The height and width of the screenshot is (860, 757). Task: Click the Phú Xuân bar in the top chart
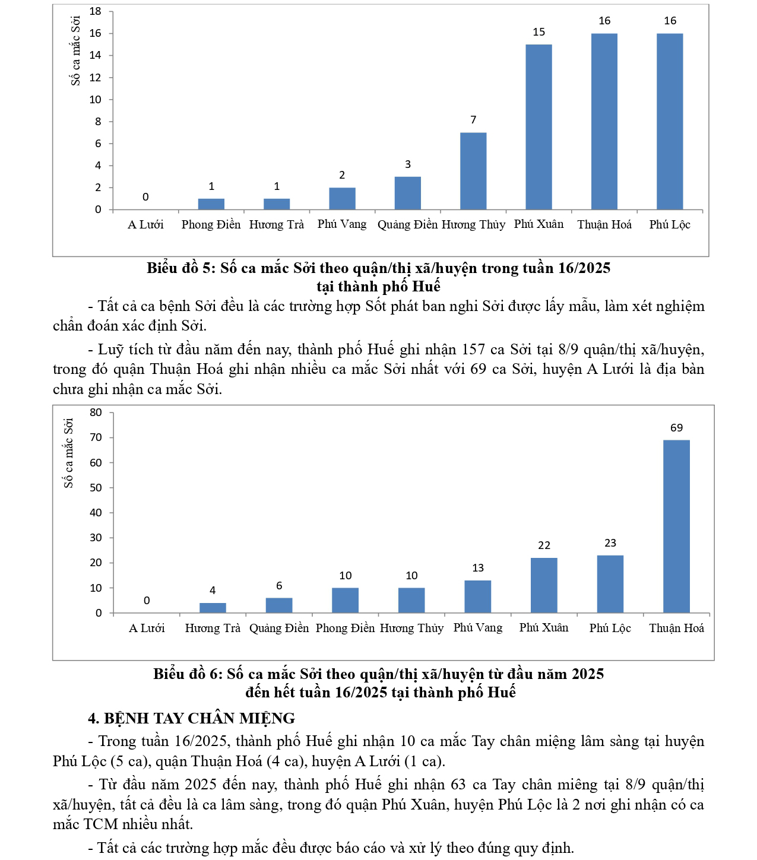pyautogui.click(x=539, y=127)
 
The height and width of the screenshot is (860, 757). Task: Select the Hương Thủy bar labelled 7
pyautogui.click(x=473, y=171)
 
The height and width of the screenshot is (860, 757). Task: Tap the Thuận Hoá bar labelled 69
pyautogui.click(x=676, y=526)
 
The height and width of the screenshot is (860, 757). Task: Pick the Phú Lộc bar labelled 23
pyautogui.click(x=610, y=583)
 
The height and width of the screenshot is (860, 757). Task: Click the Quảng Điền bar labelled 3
pyautogui.click(x=408, y=193)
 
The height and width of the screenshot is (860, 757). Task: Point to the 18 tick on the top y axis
pyautogui.click(x=95, y=11)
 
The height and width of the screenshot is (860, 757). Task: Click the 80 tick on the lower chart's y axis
pyautogui.click(x=96, y=412)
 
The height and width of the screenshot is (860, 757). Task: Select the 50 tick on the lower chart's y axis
pyautogui.click(x=96, y=488)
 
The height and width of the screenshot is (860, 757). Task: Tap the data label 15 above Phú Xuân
pyautogui.click(x=539, y=32)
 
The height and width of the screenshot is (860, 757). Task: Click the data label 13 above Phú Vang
pyautogui.click(x=478, y=568)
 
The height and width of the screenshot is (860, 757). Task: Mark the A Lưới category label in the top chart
pyautogui.click(x=145, y=224)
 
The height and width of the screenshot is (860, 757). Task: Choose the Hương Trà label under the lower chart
pyautogui.click(x=213, y=628)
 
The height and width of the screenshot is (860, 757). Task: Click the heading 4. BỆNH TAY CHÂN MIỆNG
pyautogui.click(x=191, y=718)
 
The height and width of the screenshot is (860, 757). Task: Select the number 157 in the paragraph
pyautogui.click(x=473, y=349)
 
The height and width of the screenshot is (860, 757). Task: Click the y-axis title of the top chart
pyautogui.click(x=76, y=51)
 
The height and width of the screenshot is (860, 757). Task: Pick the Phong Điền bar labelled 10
pyautogui.click(x=345, y=600)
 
